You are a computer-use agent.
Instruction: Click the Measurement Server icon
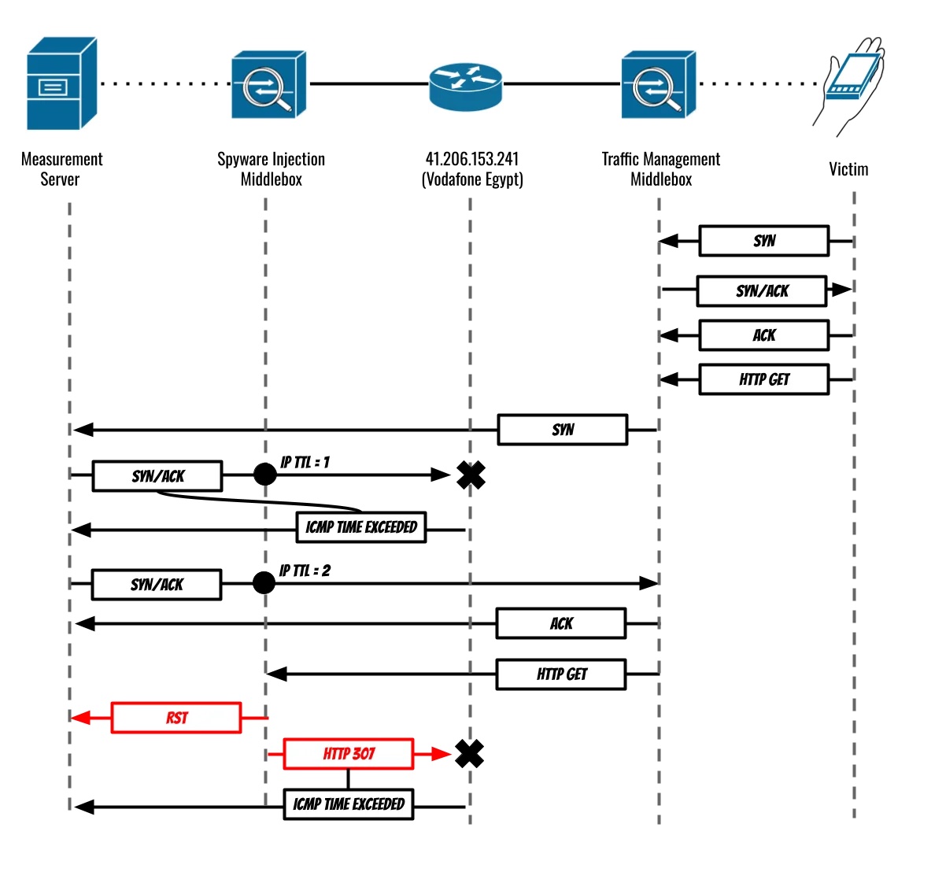(x=61, y=83)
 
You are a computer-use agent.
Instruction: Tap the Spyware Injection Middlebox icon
(x=268, y=85)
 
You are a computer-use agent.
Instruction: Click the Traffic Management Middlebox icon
(x=658, y=85)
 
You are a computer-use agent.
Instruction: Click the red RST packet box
(x=176, y=718)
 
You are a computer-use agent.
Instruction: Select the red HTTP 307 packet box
(x=349, y=754)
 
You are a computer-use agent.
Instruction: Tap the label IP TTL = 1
(x=305, y=463)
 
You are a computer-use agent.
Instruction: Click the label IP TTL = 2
(x=305, y=571)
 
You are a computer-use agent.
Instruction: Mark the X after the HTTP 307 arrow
(x=470, y=754)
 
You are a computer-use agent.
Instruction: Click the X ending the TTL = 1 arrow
(x=471, y=475)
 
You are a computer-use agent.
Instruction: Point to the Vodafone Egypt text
(x=472, y=179)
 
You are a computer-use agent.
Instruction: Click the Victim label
(x=848, y=169)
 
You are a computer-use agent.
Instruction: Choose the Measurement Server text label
(x=61, y=168)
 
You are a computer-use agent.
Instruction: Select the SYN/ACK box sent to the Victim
(x=762, y=291)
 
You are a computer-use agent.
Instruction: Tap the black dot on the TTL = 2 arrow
(x=264, y=583)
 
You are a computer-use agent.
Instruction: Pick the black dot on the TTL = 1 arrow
(x=265, y=475)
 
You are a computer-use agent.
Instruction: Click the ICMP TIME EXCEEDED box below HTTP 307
(x=349, y=804)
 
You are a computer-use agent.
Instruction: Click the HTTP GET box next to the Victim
(x=764, y=379)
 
